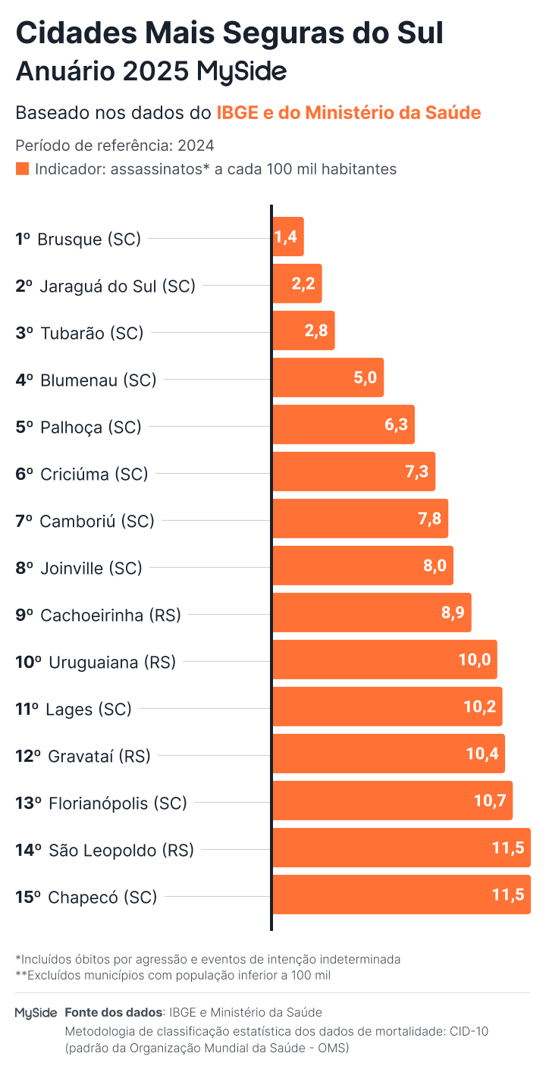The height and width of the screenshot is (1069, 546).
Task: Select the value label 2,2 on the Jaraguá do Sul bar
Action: (307, 284)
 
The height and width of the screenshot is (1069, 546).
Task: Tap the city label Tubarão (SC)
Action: (92, 333)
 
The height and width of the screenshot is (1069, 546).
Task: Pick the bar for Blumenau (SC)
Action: (328, 378)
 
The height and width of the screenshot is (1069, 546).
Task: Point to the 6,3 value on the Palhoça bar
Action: (396, 425)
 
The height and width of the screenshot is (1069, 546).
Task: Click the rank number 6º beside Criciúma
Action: (24, 474)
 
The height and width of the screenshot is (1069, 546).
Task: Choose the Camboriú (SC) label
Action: (96, 521)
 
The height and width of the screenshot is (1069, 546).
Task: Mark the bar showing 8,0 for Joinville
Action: (362, 566)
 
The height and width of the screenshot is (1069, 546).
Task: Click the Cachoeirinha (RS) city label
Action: (111, 615)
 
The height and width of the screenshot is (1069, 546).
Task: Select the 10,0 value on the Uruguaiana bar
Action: (475, 660)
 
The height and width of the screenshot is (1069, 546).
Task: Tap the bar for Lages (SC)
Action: (387, 707)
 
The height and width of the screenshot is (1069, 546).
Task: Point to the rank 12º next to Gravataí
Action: (27, 756)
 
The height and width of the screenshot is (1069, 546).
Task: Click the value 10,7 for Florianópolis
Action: (490, 801)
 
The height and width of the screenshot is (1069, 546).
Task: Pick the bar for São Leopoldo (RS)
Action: (401, 848)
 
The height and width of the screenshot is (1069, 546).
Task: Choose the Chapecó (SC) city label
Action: (102, 897)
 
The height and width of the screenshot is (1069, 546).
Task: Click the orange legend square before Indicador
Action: (22, 169)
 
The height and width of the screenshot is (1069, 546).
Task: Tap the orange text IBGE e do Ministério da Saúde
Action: (349, 113)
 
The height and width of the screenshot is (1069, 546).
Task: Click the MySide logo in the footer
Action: (36, 1013)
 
